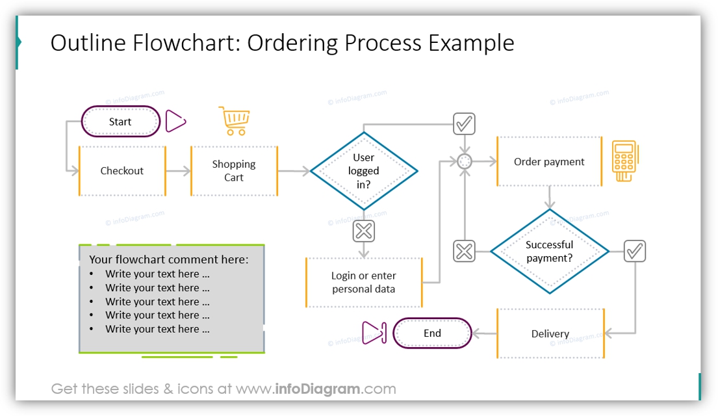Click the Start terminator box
coord(120,122)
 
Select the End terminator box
coord(432,333)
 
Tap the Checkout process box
coord(122,171)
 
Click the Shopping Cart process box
coord(234,171)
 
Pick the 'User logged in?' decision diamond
coord(364,171)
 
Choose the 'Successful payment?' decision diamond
coord(549,251)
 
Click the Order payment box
coord(549,162)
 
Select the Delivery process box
coord(550,333)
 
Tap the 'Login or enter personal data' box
coord(364,282)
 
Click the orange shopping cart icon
coord(235,121)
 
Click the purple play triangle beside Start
coord(175,121)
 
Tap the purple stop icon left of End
coord(374,333)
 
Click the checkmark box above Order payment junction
coord(464,123)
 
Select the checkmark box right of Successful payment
coord(635,251)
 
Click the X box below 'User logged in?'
coord(364,230)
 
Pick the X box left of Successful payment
coord(464,251)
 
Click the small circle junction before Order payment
coord(464,162)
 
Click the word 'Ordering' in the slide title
coord(293,43)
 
